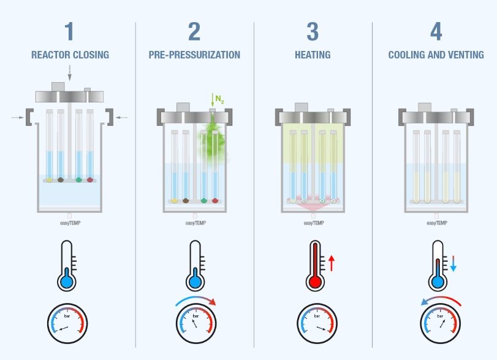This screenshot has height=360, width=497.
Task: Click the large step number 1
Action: tap(69, 31)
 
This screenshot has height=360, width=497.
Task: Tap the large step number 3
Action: tap(313, 31)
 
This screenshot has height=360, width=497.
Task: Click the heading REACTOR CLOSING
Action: tap(70, 55)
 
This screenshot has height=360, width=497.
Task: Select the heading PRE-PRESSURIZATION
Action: tap(194, 55)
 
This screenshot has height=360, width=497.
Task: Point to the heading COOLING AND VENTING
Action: tap(436, 55)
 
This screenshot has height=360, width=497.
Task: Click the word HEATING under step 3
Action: tap(313, 55)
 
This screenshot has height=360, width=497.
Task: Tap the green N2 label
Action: tap(219, 99)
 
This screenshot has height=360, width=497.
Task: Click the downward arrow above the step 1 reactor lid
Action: tap(70, 73)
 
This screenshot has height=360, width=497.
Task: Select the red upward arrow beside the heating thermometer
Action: tap(332, 263)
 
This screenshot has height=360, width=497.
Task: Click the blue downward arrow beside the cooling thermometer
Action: tap(453, 263)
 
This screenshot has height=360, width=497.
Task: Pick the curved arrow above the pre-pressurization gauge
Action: tap(195, 300)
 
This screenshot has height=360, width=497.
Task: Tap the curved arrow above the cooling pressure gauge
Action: tap(441, 300)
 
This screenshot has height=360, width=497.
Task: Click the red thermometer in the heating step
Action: tap(315, 265)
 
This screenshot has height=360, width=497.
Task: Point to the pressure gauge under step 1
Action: tap(67, 323)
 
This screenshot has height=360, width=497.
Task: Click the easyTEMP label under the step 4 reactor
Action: tap(437, 223)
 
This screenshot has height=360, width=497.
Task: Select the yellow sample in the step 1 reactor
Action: tap(50, 180)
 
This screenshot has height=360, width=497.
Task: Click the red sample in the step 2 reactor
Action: tap(215, 201)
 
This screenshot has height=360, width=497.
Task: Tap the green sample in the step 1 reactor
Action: tap(79, 180)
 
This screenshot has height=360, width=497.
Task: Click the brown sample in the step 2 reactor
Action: tap(186, 201)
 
